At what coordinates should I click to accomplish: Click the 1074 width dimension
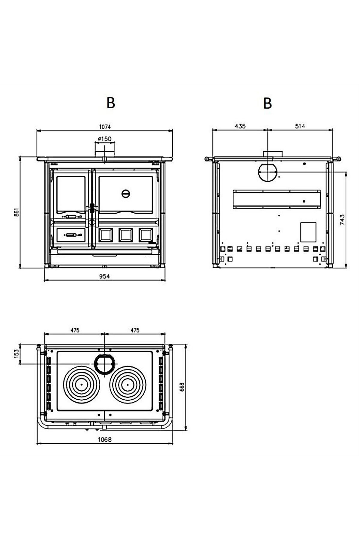point(105,127)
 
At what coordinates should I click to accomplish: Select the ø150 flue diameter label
point(104,139)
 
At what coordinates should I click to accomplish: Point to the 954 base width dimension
point(104,276)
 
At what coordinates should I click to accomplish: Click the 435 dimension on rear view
point(240,126)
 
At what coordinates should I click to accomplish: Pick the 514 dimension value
point(300,126)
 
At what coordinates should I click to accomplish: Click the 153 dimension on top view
point(17,353)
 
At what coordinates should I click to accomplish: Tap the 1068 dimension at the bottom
point(105,439)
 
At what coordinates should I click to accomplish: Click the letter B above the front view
point(111,103)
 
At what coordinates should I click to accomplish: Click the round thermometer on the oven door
point(126,193)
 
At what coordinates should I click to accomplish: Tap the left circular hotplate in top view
point(81,384)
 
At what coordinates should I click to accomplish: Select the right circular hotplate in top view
point(128,384)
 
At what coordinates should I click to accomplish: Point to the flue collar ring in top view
point(104,363)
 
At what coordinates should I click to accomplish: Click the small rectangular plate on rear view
point(308,232)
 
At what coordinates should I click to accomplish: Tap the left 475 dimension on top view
point(75,330)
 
